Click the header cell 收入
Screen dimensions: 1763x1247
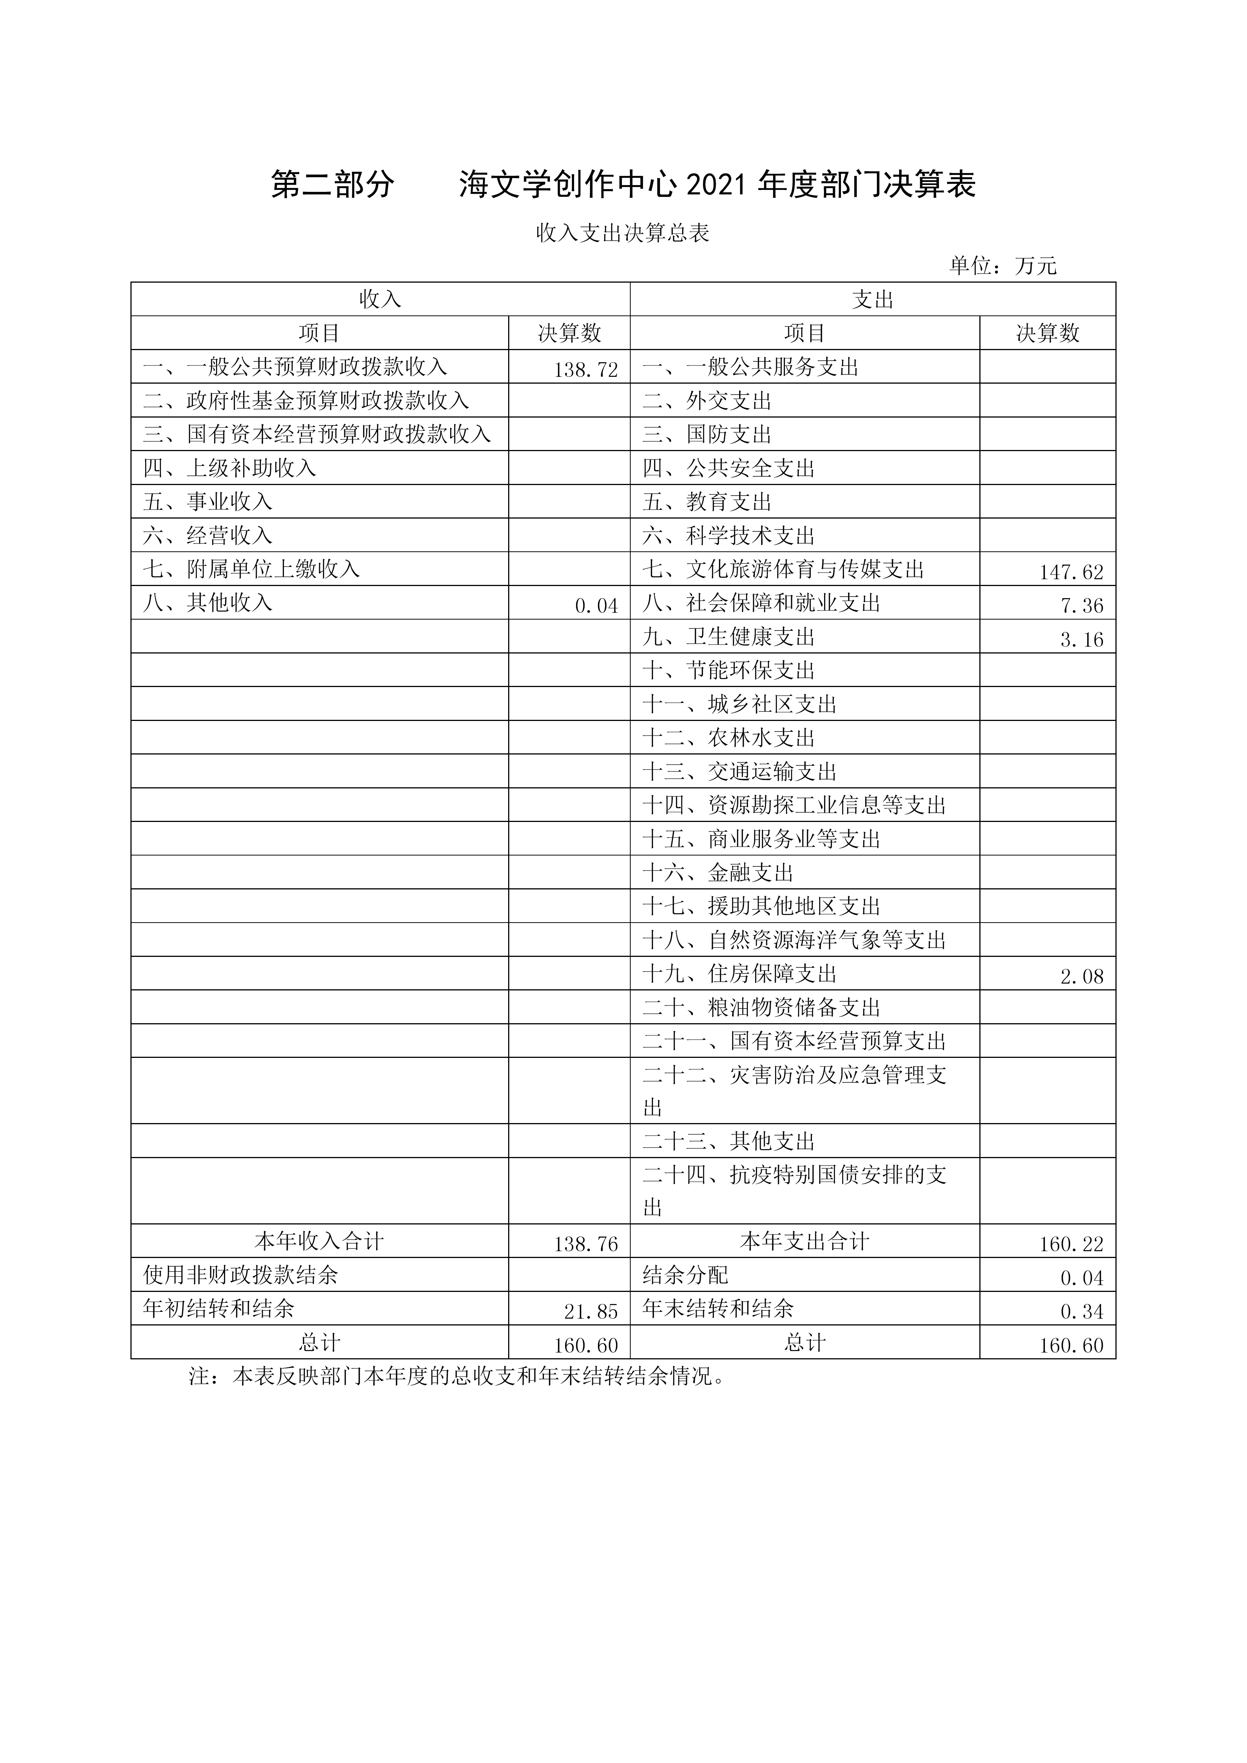point(380,300)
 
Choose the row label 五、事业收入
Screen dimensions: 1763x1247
point(207,501)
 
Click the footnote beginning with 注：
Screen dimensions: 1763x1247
point(457,1376)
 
